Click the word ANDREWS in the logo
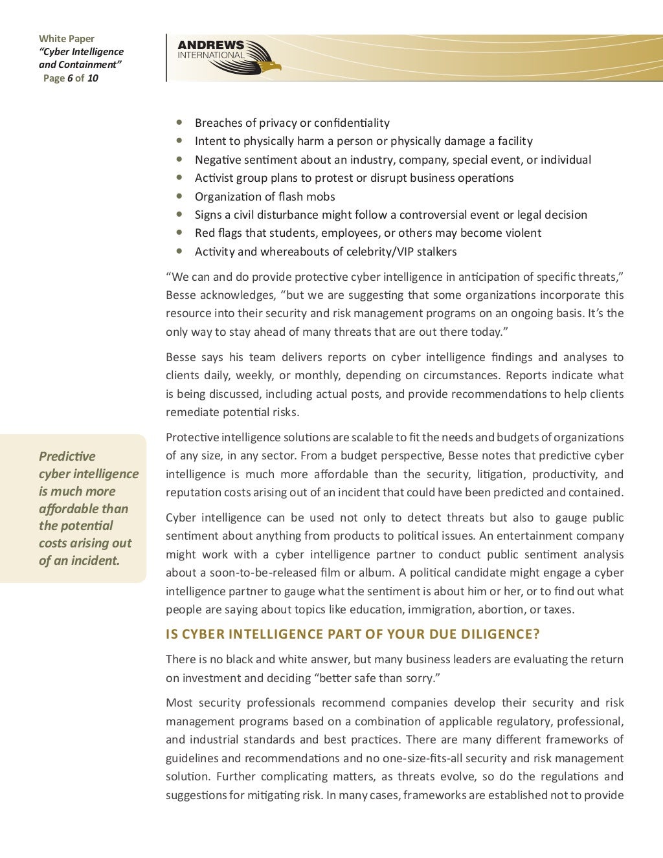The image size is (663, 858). tap(211, 45)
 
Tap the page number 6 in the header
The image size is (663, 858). tap(69, 78)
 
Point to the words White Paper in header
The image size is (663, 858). tap(67, 39)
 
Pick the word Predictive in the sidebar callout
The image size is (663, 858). tap(67, 456)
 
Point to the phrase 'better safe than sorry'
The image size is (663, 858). tap(374, 678)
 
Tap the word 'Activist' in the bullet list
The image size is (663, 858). tap(214, 178)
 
